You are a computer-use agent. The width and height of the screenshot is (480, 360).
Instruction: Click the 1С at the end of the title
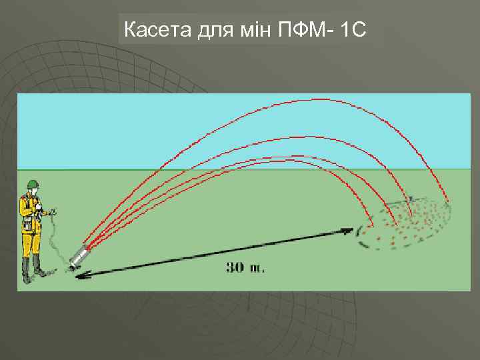[x=353, y=29]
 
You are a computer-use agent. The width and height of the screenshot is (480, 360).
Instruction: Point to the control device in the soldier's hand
[x=48, y=213]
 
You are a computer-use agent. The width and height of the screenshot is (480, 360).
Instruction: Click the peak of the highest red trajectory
[x=313, y=99]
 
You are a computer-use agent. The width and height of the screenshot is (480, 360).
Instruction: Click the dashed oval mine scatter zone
[x=407, y=223]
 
